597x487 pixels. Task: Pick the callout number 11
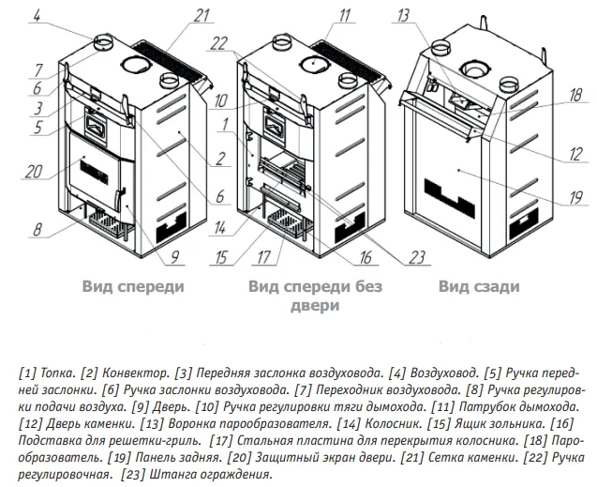coord(344,14)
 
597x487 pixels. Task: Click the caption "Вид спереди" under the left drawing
coord(131,287)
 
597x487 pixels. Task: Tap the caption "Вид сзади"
coord(479,287)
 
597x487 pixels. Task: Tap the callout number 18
coord(575,95)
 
